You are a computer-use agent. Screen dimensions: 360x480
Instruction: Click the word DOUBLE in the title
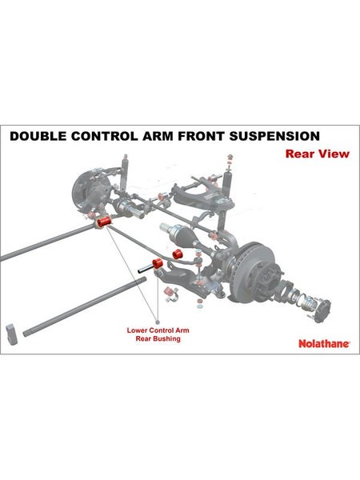click(x=38, y=136)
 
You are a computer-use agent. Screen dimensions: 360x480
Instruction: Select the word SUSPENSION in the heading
click(x=274, y=136)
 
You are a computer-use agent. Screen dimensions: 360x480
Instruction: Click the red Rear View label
click(x=317, y=154)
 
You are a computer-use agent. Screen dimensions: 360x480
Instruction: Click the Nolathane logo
click(x=324, y=343)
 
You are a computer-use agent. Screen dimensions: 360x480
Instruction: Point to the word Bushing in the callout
click(x=167, y=339)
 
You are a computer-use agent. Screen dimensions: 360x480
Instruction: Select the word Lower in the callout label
click(x=136, y=330)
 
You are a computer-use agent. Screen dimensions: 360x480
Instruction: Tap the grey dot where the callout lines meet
click(x=158, y=322)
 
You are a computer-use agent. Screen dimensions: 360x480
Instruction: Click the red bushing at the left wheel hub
click(x=104, y=222)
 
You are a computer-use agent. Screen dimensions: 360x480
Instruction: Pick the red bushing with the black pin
click(x=158, y=263)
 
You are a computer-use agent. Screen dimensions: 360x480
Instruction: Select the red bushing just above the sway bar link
click(x=177, y=254)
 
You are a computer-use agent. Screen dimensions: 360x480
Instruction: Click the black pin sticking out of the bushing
click(x=145, y=269)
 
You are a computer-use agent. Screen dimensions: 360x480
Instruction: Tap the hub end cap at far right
click(x=322, y=310)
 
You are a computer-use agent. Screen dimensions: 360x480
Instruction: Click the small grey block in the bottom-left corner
click(x=12, y=334)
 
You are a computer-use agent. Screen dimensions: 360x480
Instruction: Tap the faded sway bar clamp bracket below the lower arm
click(x=171, y=294)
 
